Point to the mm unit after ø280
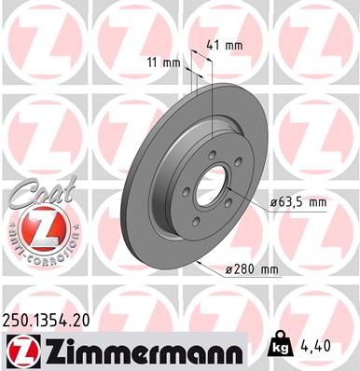click(x=270, y=270)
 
